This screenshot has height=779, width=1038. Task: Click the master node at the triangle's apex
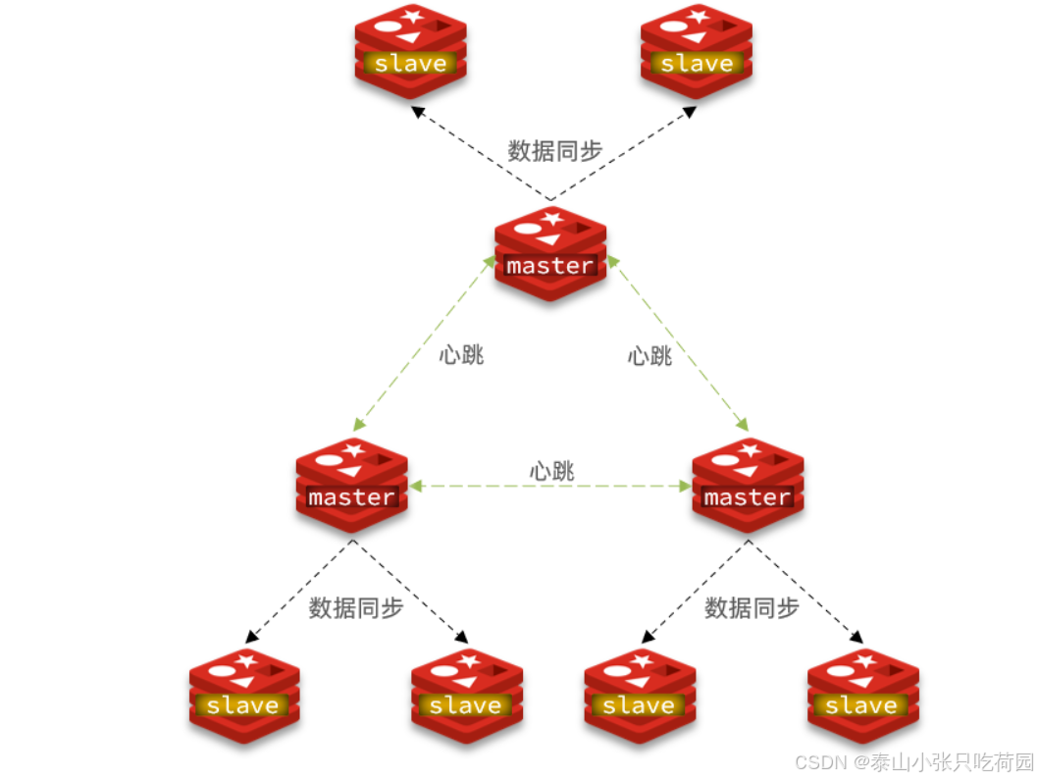(549, 253)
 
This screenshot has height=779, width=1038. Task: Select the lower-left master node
(351, 485)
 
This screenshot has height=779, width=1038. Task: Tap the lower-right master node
(748, 485)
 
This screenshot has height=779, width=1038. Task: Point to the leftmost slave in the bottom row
(243, 694)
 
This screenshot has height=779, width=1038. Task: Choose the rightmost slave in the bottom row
(862, 694)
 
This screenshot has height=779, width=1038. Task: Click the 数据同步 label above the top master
(555, 150)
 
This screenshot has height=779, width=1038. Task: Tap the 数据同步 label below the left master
(356, 607)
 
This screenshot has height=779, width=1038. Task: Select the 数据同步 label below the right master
(752, 607)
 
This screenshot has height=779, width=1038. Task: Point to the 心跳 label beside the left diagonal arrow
(461, 354)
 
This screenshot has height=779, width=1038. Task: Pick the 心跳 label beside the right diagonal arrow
(649, 355)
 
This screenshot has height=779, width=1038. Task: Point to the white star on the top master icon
(552, 218)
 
